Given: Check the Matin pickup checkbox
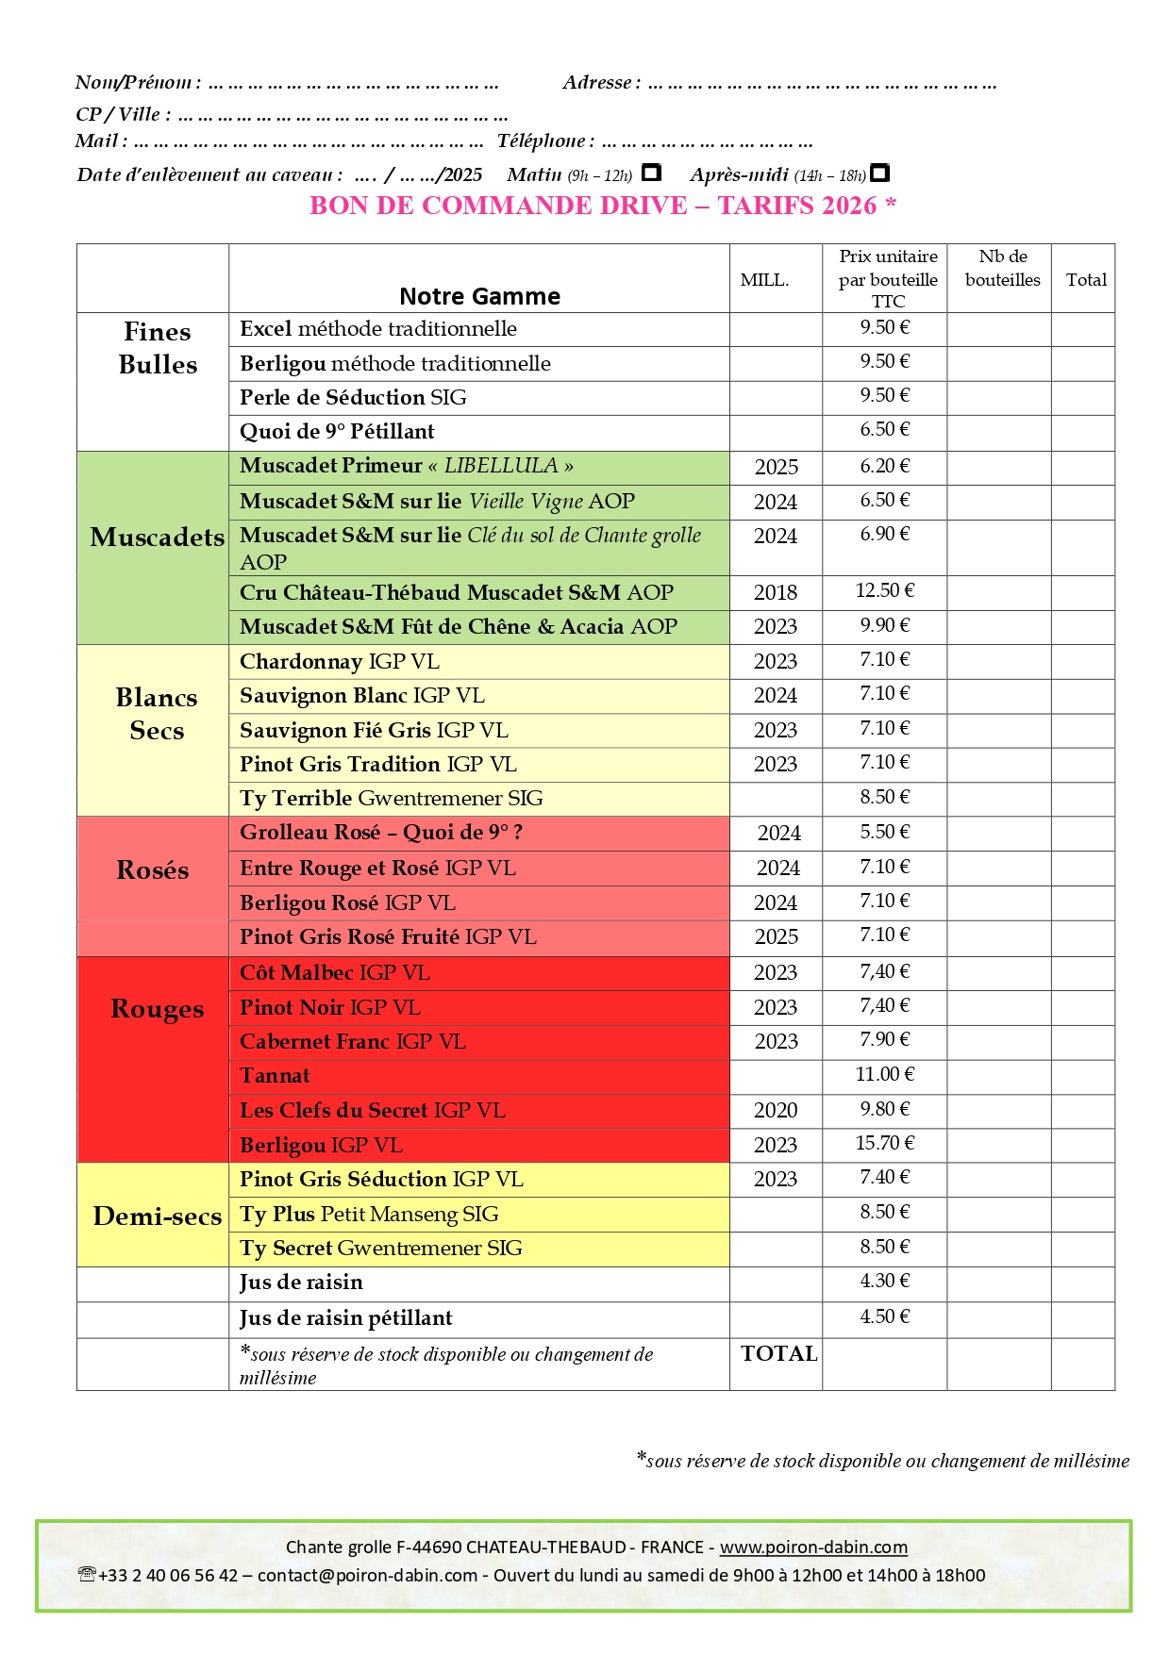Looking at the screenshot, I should tap(650, 174).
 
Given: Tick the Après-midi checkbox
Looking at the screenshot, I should tap(879, 174).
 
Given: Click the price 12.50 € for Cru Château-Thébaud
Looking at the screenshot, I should tap(884, 591).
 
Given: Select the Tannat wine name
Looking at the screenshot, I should tap(275, 1076).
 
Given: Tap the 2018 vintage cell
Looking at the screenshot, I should tap(775, 593).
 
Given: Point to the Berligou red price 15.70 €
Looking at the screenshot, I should tap(884, 1144).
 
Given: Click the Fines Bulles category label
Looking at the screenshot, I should tap(158, 348).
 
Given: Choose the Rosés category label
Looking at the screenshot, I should tap(153, 870).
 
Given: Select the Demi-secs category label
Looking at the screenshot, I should tap(157, 1216).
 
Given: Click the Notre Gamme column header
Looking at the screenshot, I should tap(479, 297).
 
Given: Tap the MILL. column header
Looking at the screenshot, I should tap(764, 280).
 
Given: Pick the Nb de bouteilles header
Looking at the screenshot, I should tap(1002, 269).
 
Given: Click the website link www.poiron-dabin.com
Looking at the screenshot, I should tap(813, 1547).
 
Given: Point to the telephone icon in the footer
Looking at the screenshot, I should tap(88, 1574).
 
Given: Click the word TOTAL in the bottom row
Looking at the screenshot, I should tap(778, 1354).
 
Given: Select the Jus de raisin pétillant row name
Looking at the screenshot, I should tap(345, 1318).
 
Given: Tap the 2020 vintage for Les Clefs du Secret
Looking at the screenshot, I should tap(775, 1111).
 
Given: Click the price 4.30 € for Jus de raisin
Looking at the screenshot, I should tap(884, 1282).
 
